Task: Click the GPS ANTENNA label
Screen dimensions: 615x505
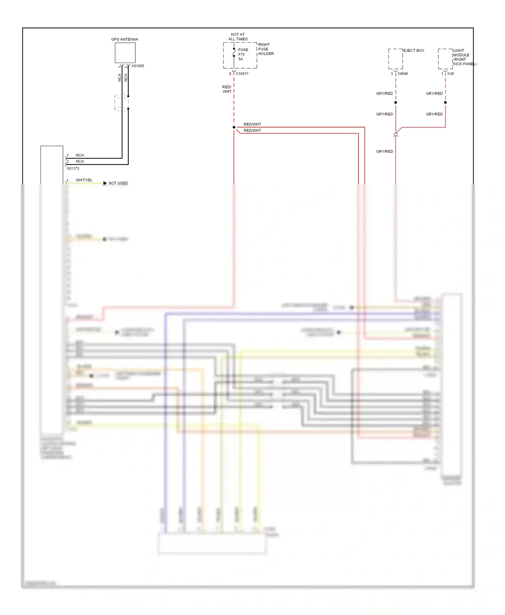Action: click(x=125, y=39)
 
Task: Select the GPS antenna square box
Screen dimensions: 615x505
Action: click(x=125, y=52)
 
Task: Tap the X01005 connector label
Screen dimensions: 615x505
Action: click(x=138, y=66)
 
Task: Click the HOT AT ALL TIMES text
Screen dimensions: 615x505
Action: click(x=238, y=37)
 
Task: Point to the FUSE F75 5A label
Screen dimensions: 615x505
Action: click(x=243, y=54)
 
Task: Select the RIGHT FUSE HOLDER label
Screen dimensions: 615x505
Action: click(x=266, y=49)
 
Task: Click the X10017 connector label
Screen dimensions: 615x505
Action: click(x=242, y=74)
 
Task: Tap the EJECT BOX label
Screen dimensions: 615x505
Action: click(x=414, y=50)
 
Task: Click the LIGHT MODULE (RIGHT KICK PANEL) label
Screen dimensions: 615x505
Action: click(x=464, y=57)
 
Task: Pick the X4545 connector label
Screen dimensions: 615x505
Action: click(x=403, y=74)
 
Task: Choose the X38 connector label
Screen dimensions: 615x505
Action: click(x=450, y=74)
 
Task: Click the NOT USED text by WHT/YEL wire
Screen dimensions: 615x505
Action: click(x=118, y=183)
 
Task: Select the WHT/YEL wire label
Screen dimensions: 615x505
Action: click(x=84, y=180)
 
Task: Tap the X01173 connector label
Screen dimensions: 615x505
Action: click(x=73, y=169)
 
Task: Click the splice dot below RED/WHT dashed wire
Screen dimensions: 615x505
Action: click(x=234, y=127)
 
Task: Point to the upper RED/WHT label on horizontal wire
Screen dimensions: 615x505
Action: click(x=252, y=124)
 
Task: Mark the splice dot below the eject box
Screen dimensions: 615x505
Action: click(x=396, y=102)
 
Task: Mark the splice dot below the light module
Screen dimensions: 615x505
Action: click(x=445, y=102)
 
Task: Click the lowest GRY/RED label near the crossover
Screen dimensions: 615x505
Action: click(x=384, y=151)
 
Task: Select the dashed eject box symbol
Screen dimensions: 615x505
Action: click(x=396, y=59)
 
